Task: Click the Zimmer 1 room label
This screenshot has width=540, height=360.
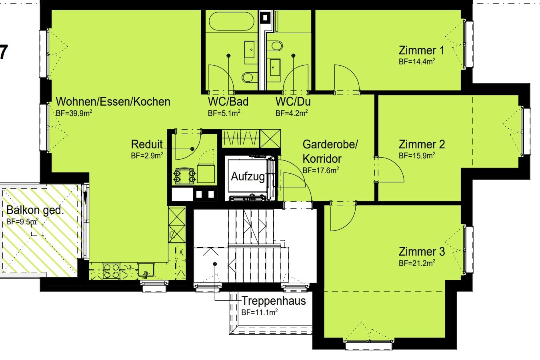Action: pos(421,50)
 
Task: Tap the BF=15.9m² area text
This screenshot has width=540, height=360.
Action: pos(417,156)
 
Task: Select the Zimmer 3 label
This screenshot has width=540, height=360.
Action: pos(422,252)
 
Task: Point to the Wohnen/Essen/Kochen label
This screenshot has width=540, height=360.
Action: pos(113,102)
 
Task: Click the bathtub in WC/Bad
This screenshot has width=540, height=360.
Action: pos(232,21)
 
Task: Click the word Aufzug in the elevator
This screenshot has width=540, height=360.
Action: pos(248,177)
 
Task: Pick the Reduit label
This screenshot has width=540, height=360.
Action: pos(147,144)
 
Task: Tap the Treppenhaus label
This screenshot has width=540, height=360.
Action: pos(274,301)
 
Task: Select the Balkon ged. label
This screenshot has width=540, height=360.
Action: pos(35,210)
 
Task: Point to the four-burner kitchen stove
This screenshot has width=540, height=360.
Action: pos(112,271)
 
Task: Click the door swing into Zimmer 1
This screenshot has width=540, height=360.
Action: pos(347,78)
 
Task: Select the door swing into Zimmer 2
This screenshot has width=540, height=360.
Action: pos(389,169)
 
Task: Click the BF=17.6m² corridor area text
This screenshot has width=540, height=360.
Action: pos(321,170)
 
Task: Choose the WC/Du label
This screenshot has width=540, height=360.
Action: pos(293,102)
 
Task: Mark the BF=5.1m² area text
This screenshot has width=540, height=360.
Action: pos(224,113)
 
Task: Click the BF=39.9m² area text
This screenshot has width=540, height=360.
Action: pos(74,113)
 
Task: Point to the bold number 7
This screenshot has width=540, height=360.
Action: pos(3,52)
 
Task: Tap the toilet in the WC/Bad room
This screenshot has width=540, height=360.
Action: pos(248,77)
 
